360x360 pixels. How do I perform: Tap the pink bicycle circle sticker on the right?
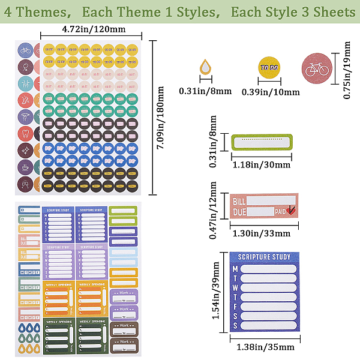316,69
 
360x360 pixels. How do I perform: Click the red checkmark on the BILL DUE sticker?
291,210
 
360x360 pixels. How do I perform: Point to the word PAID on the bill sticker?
280,212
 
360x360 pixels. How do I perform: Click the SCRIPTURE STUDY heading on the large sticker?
264,257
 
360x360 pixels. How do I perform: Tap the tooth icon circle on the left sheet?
25,133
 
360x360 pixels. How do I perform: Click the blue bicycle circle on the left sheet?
25,50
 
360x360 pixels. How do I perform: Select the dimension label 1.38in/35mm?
264,347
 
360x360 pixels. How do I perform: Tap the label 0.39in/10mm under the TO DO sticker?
270,92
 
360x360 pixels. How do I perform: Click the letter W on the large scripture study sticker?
235,287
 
